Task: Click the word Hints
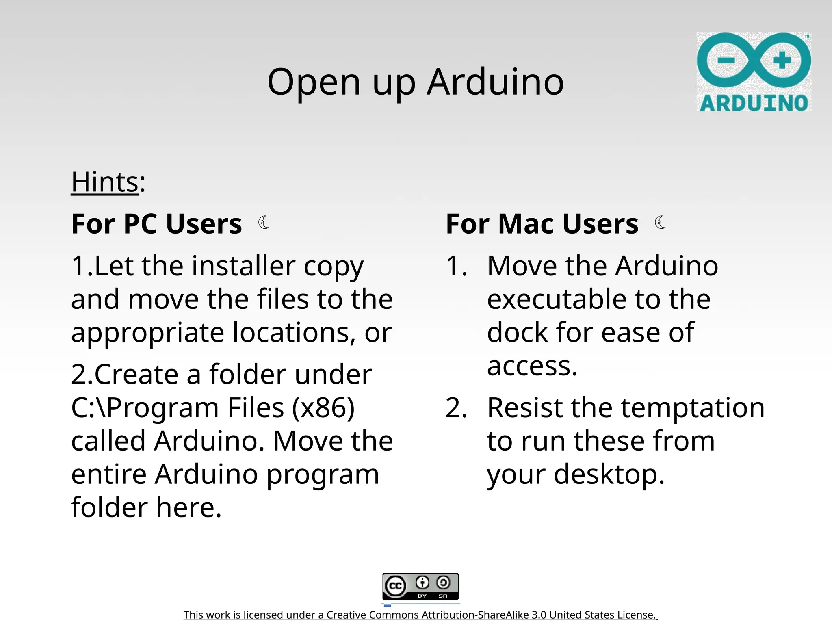pos(105,182)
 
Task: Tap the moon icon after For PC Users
pos(264,222)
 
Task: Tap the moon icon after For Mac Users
pos(660,222)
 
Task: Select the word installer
pos(243,266)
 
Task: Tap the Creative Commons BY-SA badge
pos(420,586)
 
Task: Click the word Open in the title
pos(314,82)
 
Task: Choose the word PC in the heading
pos(142,224)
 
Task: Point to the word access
pos(531,366)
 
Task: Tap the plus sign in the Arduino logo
pos(782,61)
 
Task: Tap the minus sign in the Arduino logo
pos(726,61)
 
